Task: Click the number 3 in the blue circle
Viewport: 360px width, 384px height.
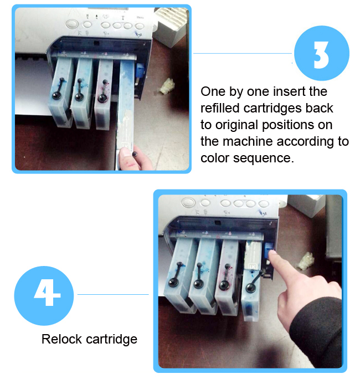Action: point(321,54)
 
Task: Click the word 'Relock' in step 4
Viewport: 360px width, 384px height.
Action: point(61,339)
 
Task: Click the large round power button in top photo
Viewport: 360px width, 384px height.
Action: point(73,24)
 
